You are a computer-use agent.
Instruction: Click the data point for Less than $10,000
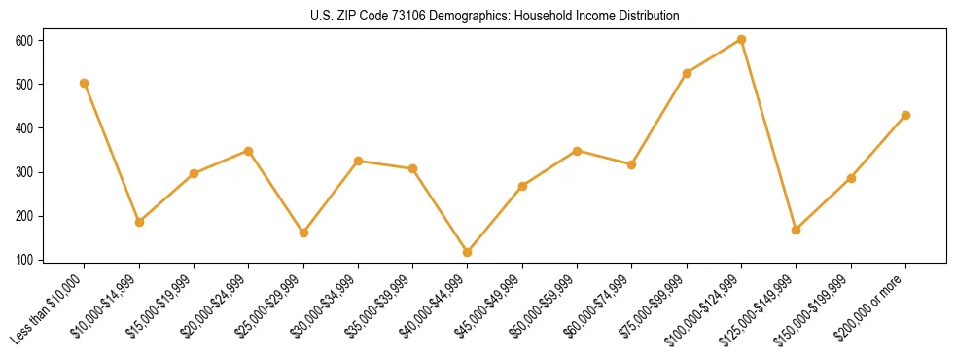[x=85, y=84]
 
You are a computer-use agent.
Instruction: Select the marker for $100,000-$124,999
[x=741, y=40]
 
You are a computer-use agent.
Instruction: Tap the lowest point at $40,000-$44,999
[x=468, y=252]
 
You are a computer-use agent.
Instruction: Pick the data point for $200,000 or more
[x=905, y=115]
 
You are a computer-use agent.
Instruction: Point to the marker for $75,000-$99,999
[x=687, y=73]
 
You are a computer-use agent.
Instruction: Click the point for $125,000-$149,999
[x=797, y=230]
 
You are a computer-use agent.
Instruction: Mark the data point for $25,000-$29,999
[x=303, y=233]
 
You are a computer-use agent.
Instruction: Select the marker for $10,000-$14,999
[x=139, y=222]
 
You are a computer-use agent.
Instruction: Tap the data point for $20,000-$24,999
[x=249, y=151]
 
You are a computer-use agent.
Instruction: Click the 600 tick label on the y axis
[x=23, y=40]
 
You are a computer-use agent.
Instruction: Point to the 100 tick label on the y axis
[x=23, y=260]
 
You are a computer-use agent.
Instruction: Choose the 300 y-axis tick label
[x=23, y=172]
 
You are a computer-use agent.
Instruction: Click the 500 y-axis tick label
[x=23, y=84]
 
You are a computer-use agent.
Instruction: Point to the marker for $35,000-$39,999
[x=413, y=168]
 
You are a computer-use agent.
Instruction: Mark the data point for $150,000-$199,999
[x=851, y=178]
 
